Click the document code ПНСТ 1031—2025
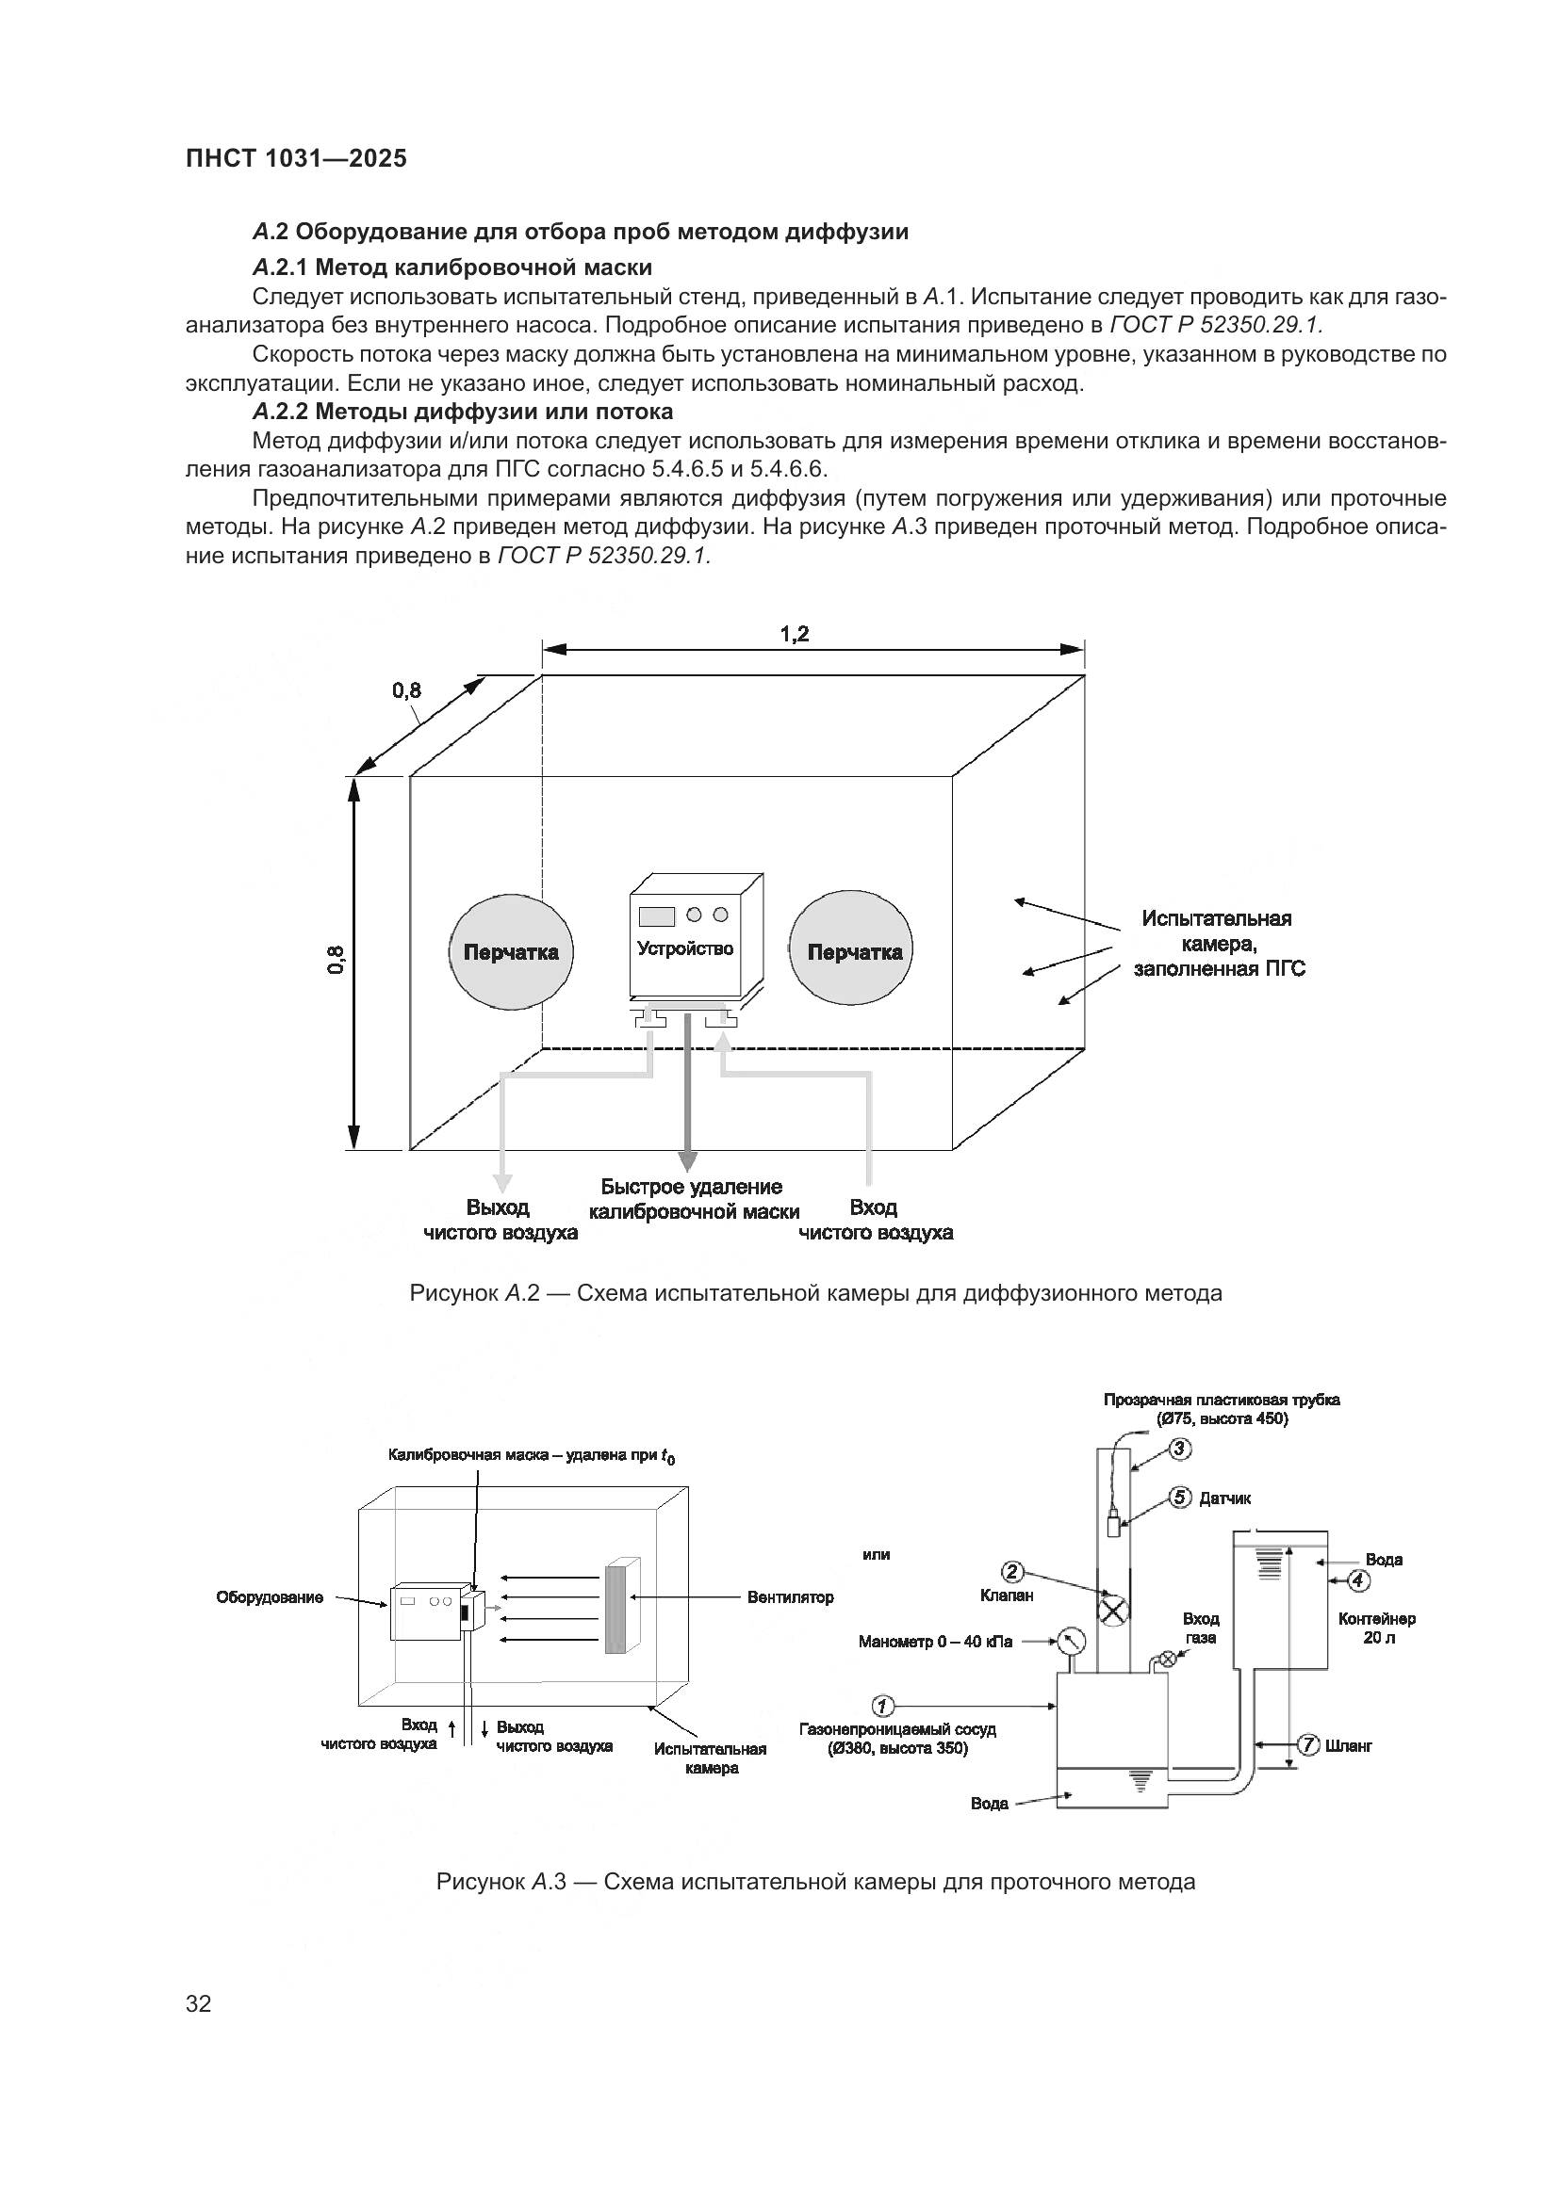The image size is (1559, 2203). click(x=296, y=159)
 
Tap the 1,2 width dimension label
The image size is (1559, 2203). click(x=794, y=634)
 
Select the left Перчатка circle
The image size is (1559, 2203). click(x=511, y=952)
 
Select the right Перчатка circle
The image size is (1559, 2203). click(x=850, y=952)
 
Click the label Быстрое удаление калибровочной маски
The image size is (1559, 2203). click(x=693, y=1199)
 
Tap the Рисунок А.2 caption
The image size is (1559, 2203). click(x=815, y=1293)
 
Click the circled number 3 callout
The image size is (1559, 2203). click(x=1181, y=1449)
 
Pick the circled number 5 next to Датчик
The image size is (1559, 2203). click(x=1181, y=1498)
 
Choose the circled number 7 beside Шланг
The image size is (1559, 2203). click(x=1307, y=1744)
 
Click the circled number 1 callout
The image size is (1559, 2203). click(x=882, y=1706)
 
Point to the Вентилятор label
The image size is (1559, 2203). click(x=790, y=1597)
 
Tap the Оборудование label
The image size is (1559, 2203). click(x=270, y=1597)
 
